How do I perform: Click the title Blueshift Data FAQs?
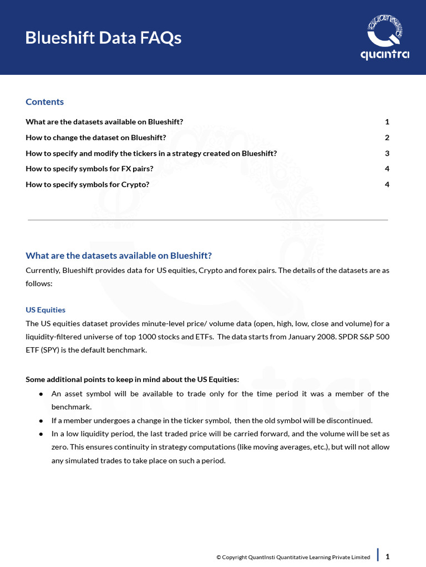click(x=103, y=38)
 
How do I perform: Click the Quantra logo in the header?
click(x=384, y=38)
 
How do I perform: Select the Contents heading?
click(x=44, y=102)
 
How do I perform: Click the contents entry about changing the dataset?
click(x=95, y=137)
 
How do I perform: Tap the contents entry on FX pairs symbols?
click(x=89, y=168)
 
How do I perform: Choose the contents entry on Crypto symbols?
click(x=87, y=184)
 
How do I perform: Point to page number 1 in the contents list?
click(x=387, y=122)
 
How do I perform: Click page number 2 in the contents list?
click(x=387, y=137)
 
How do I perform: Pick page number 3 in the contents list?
click(x=387, y=153)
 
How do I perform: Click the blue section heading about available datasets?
click(x=119, y=255)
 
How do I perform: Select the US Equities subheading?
click(x=45, y=310)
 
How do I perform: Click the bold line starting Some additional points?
click(x=132, y=379)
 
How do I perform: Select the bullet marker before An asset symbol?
click(x=42, y=394)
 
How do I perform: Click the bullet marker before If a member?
click(x=42, y=420)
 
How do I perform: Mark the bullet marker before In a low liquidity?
click(x=42, y=434)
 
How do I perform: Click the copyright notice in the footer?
click(x=293, y=557)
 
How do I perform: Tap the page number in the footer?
click(x=387, y=556)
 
